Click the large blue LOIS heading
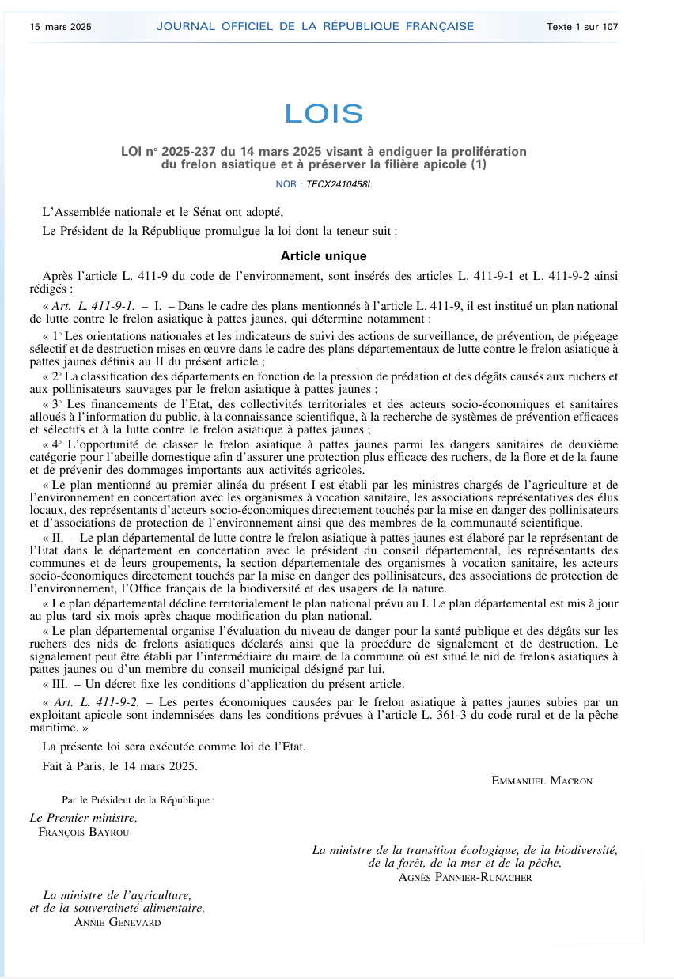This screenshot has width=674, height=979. pyautogui.click(x=324, y=114)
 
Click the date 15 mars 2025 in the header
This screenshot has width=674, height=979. pyautogui.click(x=61, y=27)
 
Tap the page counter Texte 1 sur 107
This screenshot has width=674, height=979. pyautogui.click(x=582, y=27)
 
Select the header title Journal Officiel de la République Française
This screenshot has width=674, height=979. pyautogui.click(x=315, y=26)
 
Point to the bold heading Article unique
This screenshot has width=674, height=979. pyautogui.click(x=324, y=256)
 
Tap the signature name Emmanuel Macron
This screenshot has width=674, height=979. pyautogui.click(x=542, y=781)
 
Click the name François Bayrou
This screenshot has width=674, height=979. pyautogui.click(x=84, y=831)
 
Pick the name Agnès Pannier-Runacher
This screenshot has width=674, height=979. pyautogui.click(x=465, y=877)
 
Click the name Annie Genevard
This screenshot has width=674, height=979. pyautogui.click(x=117, y=921)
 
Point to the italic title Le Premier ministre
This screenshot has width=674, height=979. pyautogui.click(x=84, y=818)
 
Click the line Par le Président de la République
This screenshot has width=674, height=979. pyautogui.click(x=138, y=799)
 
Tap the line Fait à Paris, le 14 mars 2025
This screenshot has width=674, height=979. pyautogui.click(x=120, y=765)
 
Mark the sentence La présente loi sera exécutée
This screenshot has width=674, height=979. pyautogui.click(x=174, y=746)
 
